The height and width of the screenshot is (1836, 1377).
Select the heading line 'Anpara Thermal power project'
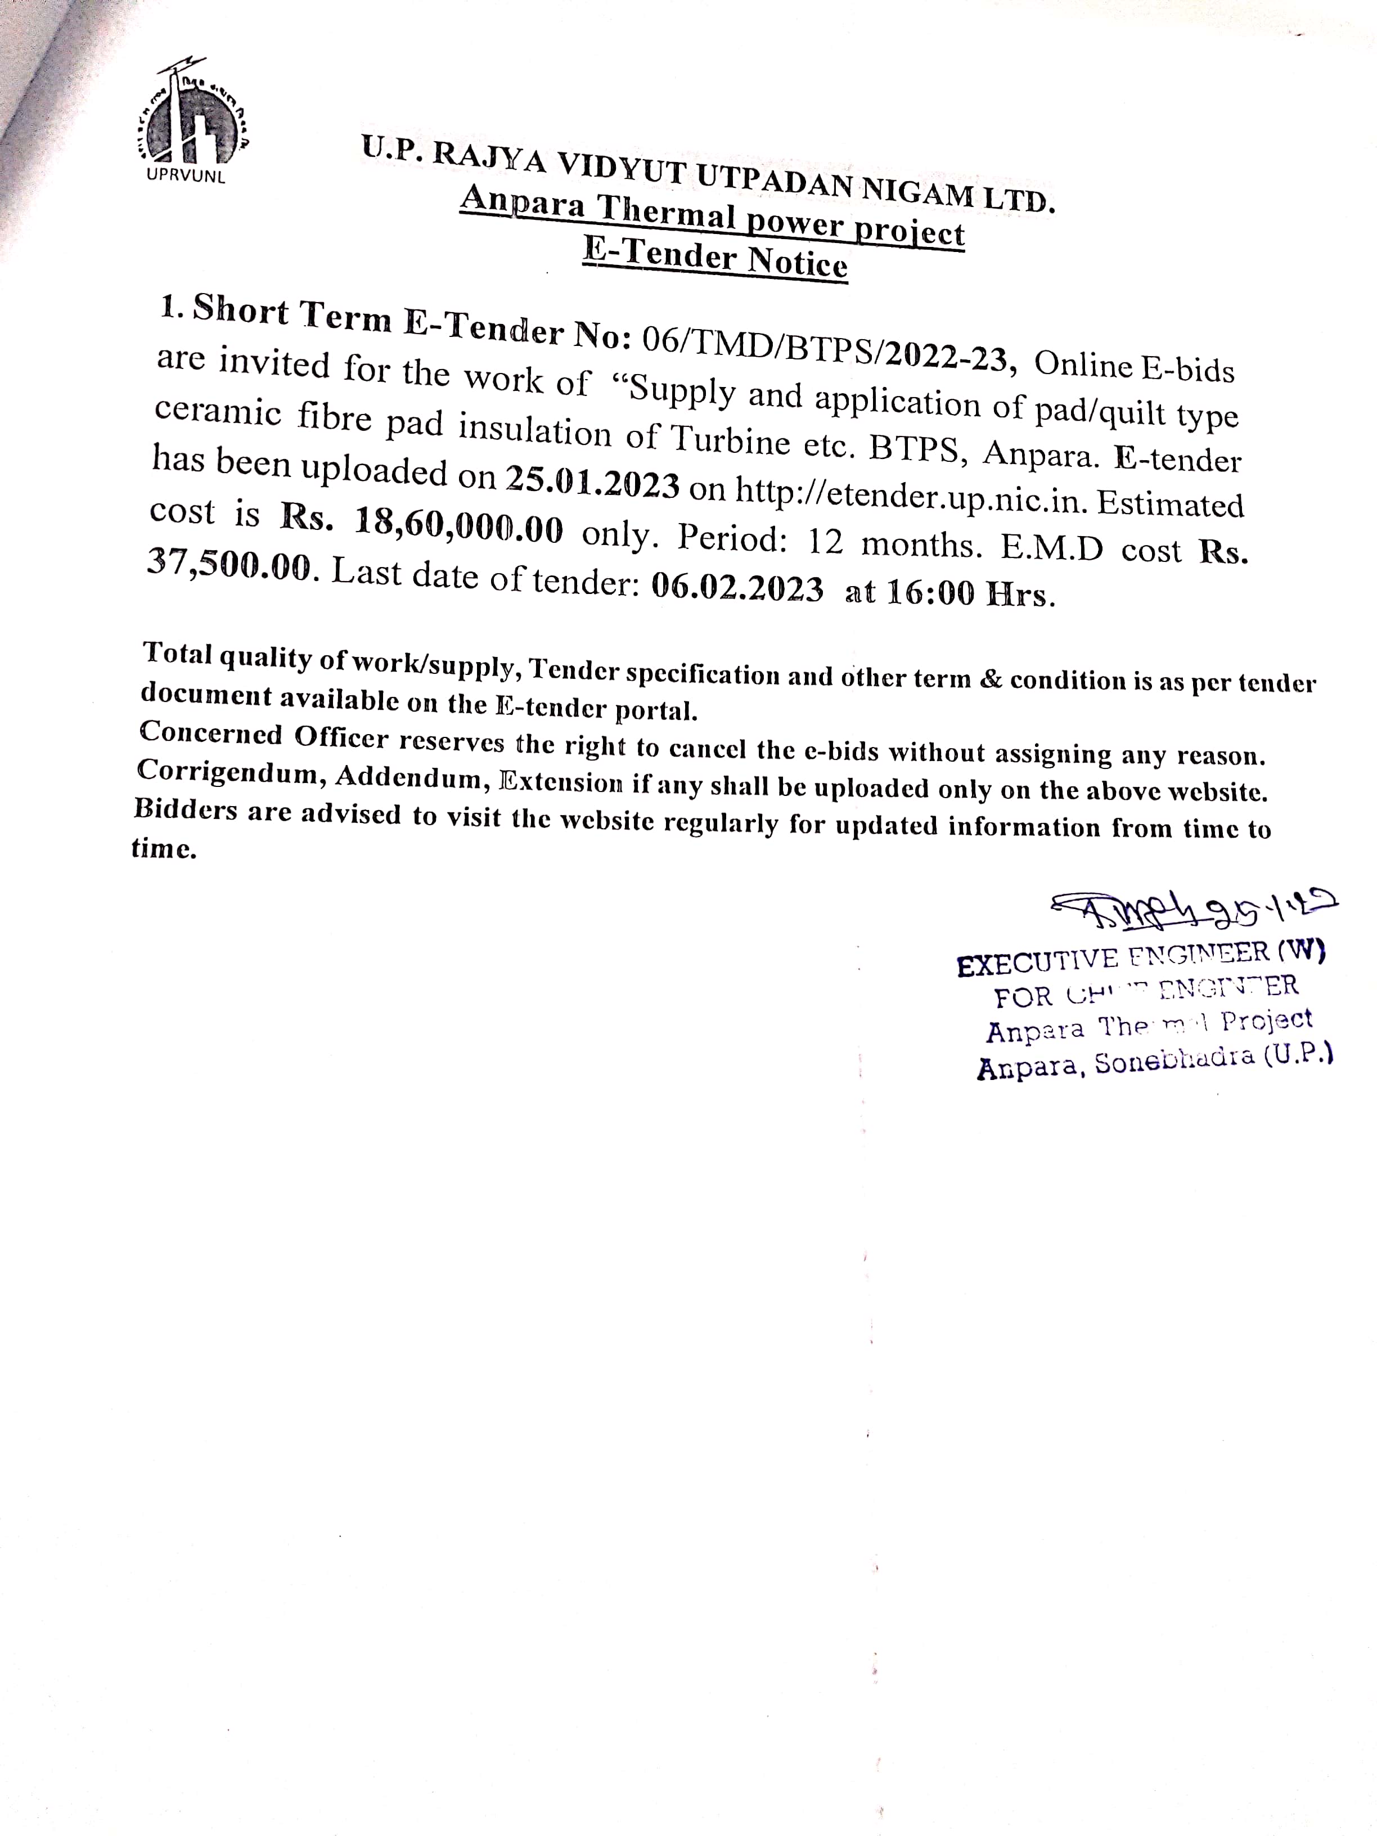(x=712, y=216)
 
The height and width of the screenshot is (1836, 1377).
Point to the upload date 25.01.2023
(x=593, y=481)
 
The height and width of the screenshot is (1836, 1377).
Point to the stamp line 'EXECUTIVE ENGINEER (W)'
(x=1140, y=958)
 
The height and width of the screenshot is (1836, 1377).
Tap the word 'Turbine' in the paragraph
(x=729, y=439)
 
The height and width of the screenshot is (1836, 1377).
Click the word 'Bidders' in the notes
(x=185, y=809)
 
